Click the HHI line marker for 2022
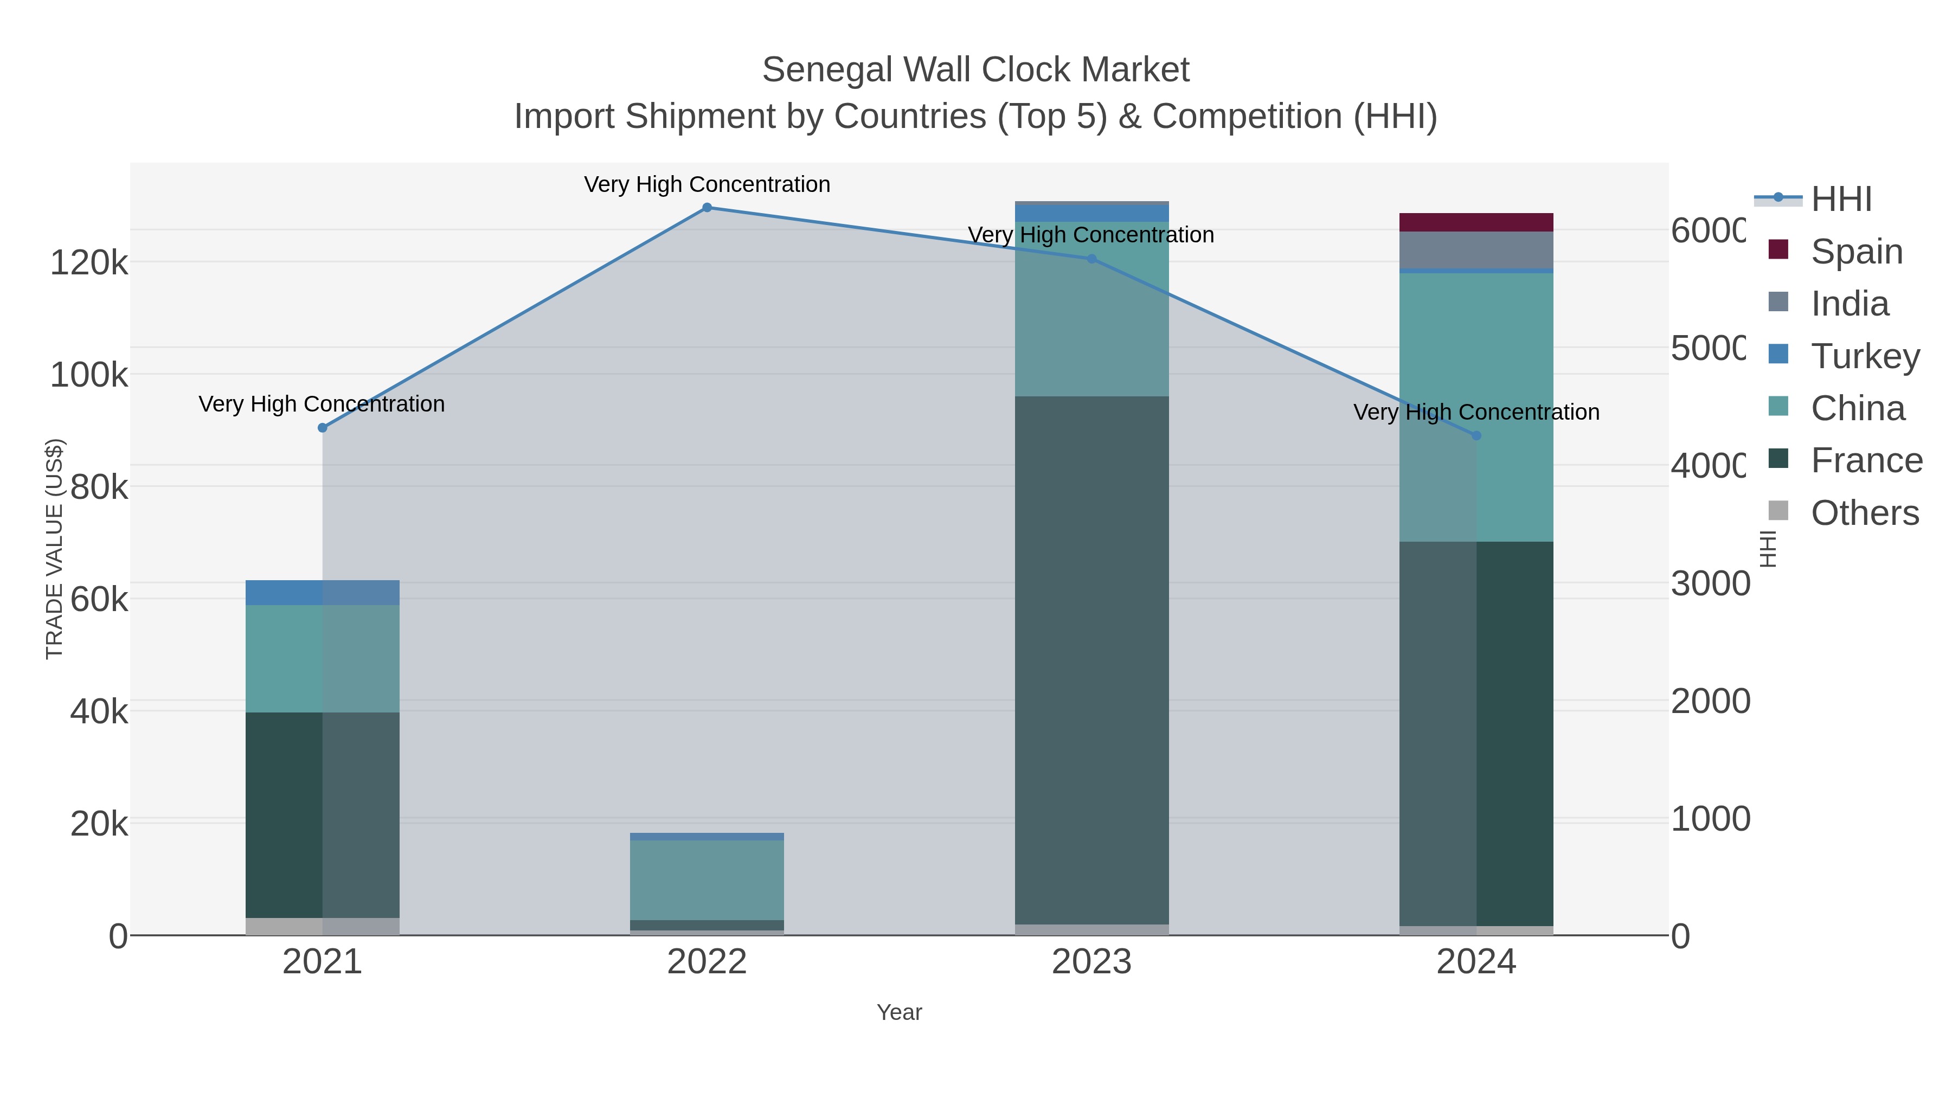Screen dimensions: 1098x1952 (x=707, y=208)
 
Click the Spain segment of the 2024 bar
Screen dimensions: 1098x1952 (x=1476, y=222)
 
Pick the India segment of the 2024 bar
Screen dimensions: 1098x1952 (x=1476, y=250)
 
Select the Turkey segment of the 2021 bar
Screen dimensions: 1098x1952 (x=323, y=593)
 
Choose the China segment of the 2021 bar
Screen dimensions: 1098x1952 (x=323, y=658)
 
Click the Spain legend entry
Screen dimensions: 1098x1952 (x=1857, y=252)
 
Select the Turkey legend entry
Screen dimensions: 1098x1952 (x=1865, y=356)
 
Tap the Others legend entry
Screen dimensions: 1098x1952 (x=1864, y=513)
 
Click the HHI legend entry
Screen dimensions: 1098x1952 (x=1841, y=200)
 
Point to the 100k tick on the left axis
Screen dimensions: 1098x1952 (x=89, y=374)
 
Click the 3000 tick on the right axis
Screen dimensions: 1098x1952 (x=1710, y=583)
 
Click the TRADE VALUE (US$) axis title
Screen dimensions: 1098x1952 (x=55, y=549)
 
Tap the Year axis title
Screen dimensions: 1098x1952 (x=900, y=1012)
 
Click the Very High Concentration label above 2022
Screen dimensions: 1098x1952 (x=707, y=184)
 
